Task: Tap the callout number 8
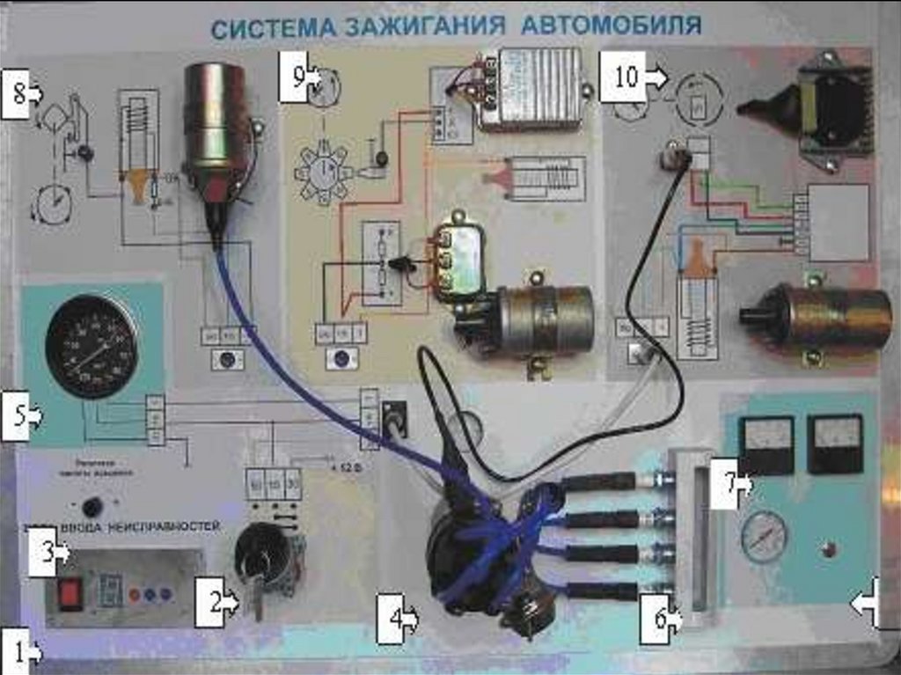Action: pyautogui.click(x=17, y=92)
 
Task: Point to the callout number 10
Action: pyautogui.click(x=624, y=76)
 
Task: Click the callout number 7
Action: pyautogui.click(x=729, y=482)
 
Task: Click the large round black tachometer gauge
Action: pyautogui.click(x=92, y=346)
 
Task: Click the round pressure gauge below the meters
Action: pyautogui.click(x=763, y=538)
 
